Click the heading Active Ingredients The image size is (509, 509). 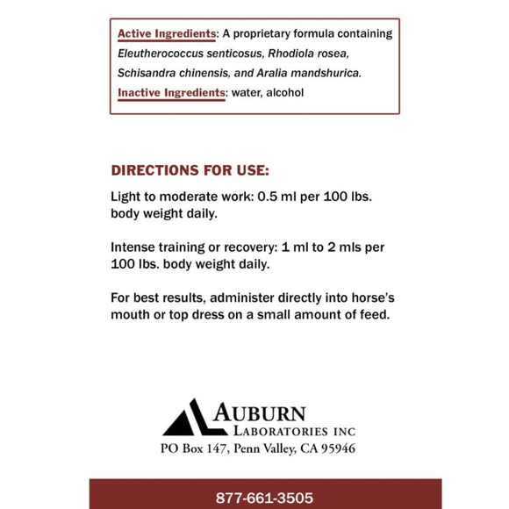pos(166,34)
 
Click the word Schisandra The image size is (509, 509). pos(146,75)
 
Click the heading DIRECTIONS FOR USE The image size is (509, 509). pos(190,169)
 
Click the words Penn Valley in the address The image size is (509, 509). pos(258,448)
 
